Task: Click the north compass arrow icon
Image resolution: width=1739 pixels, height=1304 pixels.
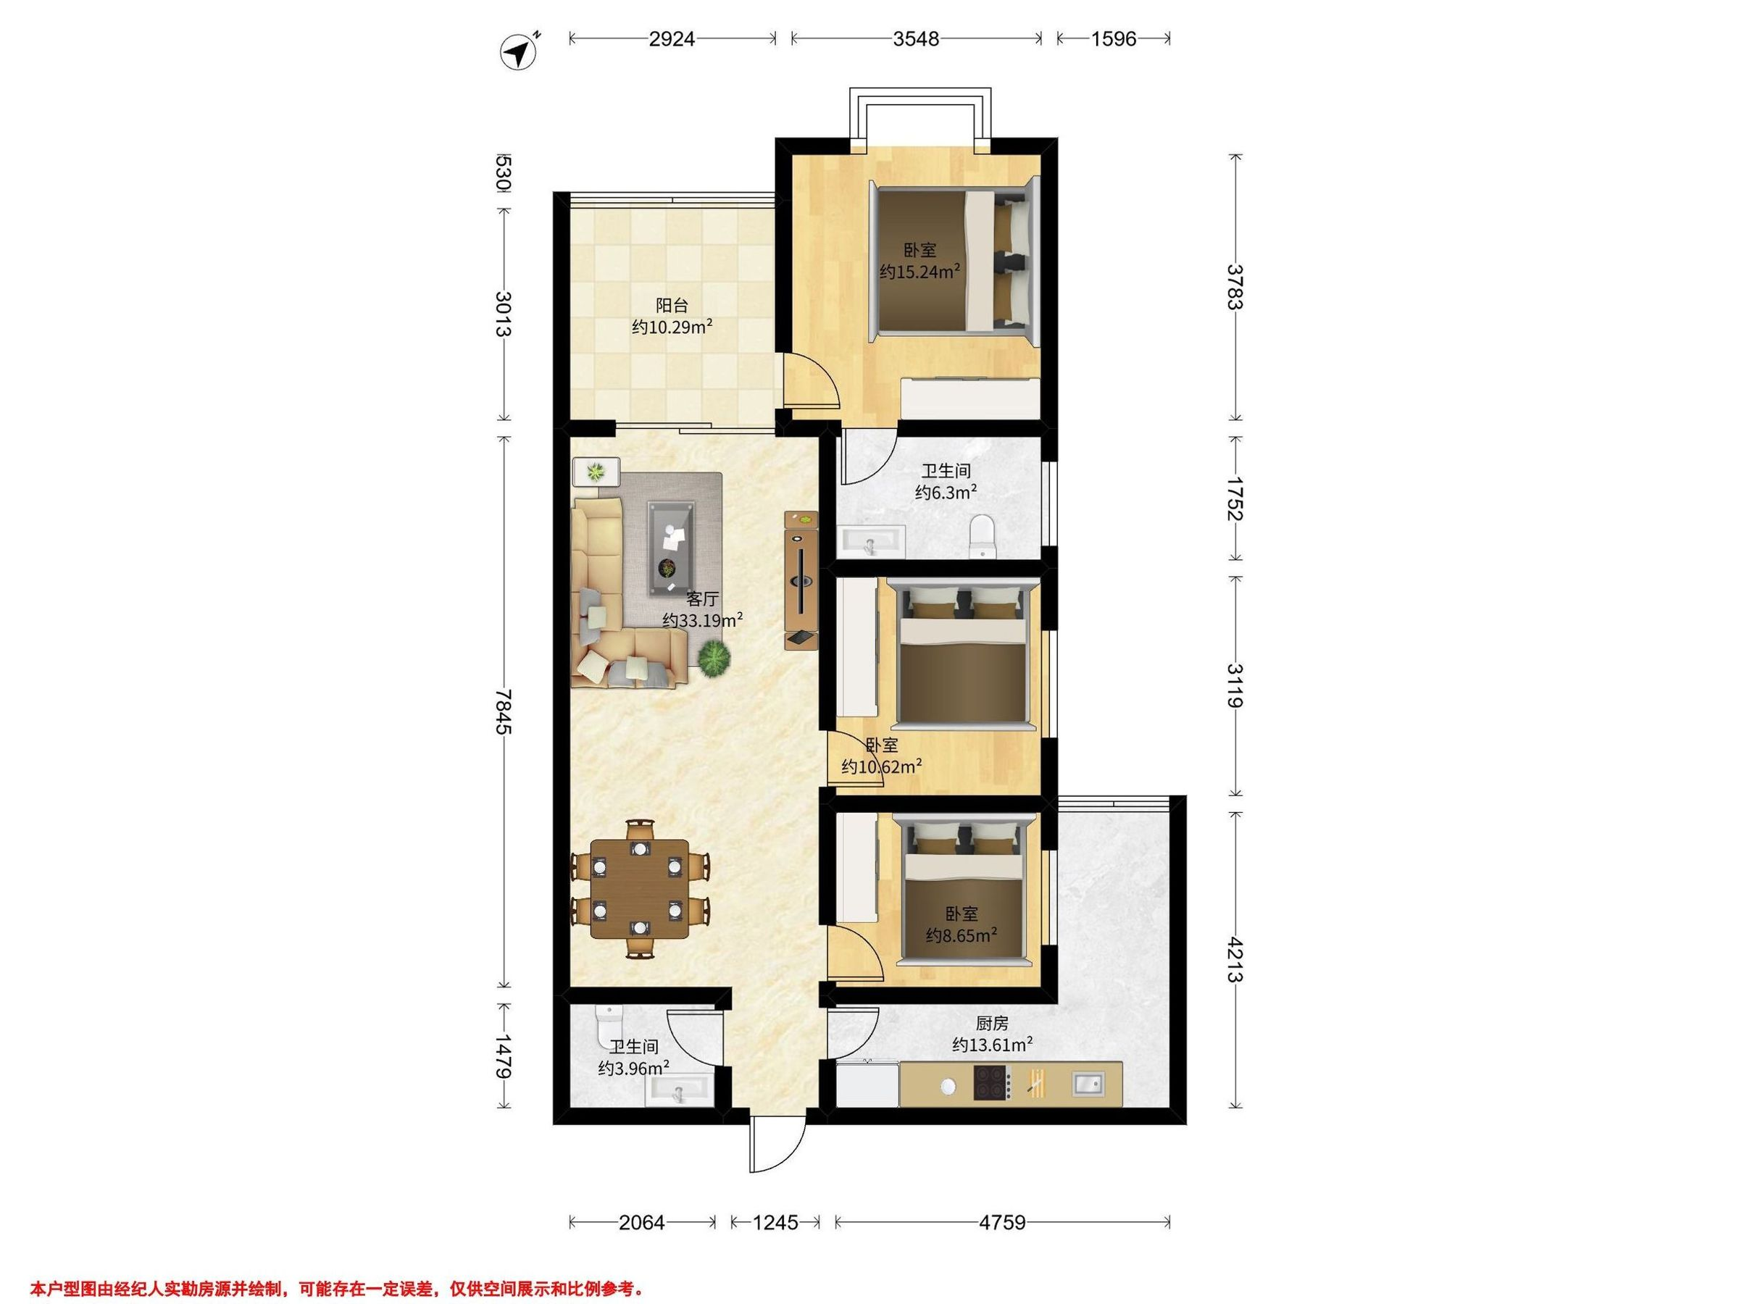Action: (519, 52)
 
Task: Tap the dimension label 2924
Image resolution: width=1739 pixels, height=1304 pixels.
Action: (672, 38)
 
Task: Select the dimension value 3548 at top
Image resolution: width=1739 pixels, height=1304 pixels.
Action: (916, 38)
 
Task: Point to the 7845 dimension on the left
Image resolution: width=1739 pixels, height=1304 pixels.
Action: (504, 711)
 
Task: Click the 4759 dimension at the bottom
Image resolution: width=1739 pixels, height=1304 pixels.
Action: (1002, 1222)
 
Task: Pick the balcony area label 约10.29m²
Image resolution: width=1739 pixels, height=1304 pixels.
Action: (672, 327)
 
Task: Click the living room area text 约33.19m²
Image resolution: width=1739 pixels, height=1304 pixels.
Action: (703, 620)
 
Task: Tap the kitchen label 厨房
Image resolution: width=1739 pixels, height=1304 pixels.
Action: (992, 1024)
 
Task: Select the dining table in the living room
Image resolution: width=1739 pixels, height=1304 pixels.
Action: (639, 889)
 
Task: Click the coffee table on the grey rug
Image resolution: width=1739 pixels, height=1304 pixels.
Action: (672, 548)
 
